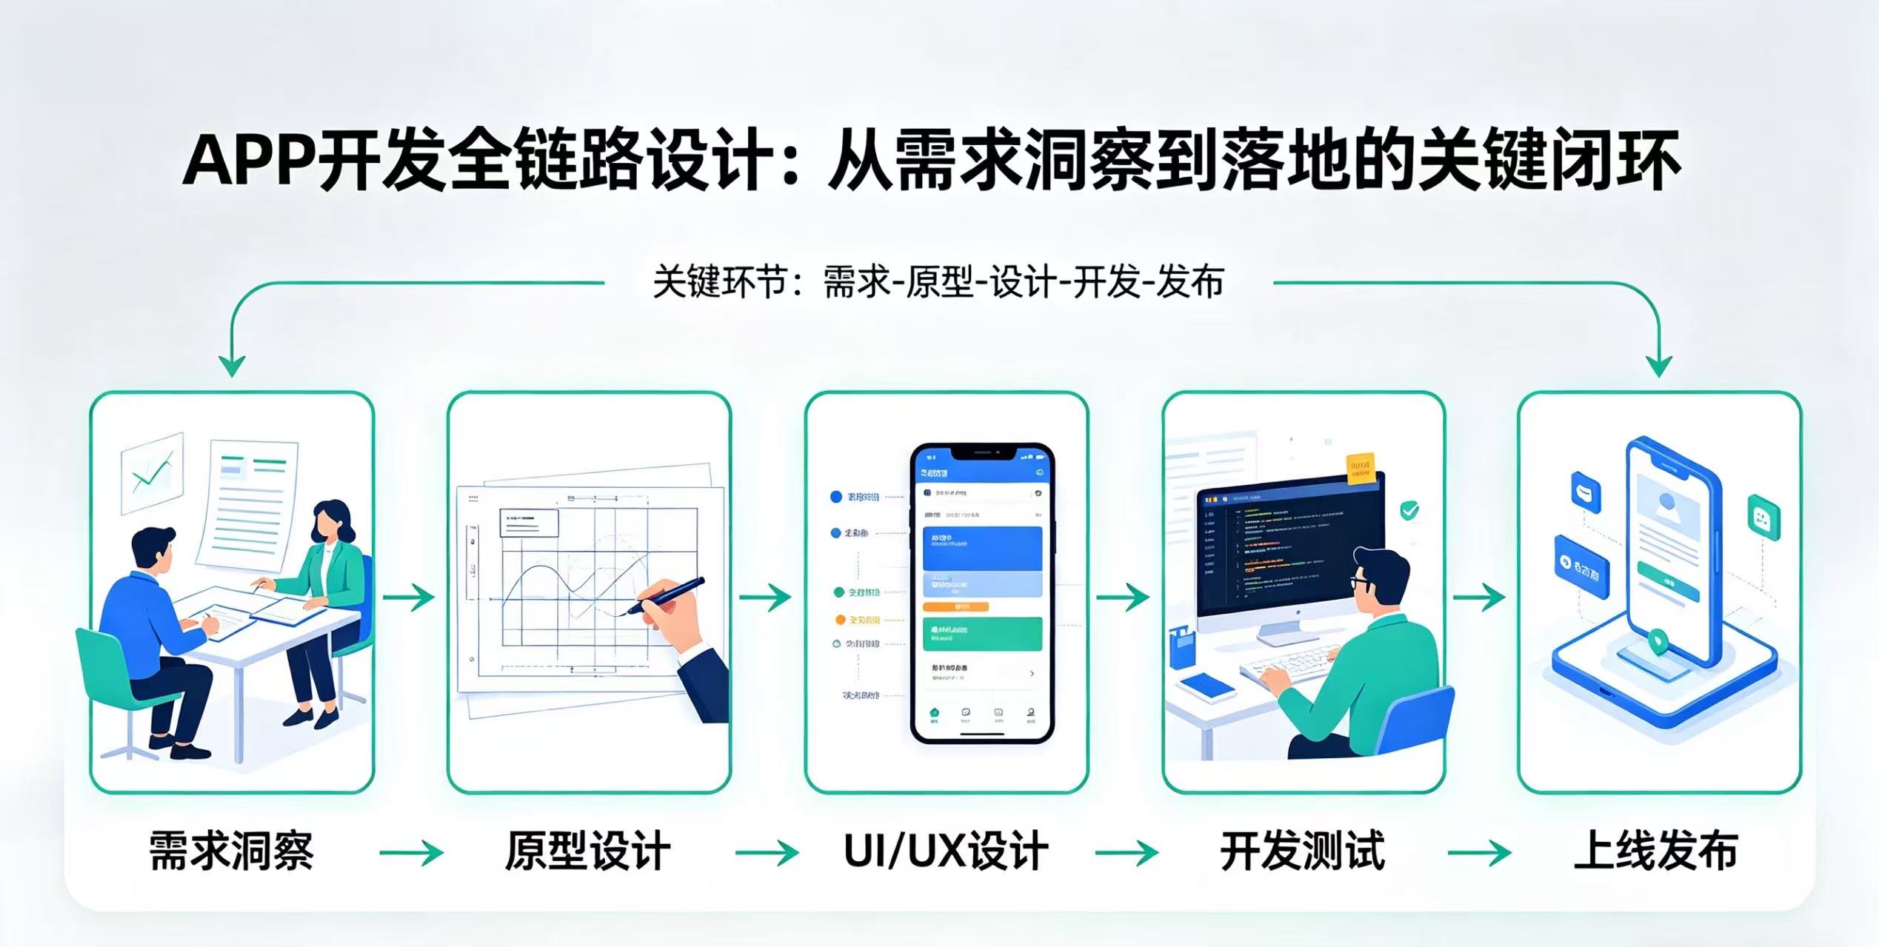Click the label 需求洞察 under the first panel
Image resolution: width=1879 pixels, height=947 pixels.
231,851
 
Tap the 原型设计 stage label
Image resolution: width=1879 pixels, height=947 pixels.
588,851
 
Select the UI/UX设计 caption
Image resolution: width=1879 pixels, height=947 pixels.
946,851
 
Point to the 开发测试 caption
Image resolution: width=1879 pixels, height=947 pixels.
1302,851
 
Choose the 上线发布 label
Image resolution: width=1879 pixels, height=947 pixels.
1656,851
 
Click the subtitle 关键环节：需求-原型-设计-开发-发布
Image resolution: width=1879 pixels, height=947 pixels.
938,282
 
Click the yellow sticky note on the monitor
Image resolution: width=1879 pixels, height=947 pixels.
1361,469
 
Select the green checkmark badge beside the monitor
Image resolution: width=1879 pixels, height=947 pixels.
1409,510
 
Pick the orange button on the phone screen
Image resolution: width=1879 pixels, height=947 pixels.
955,606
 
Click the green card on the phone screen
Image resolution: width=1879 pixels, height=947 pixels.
982,634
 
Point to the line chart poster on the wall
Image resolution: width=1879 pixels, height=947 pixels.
153,472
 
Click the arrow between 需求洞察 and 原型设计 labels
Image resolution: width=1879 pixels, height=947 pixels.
411,853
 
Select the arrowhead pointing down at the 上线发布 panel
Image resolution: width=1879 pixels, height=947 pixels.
1659,364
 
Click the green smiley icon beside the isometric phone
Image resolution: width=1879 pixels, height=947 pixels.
1763,516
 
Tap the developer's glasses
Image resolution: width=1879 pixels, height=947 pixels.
1361,582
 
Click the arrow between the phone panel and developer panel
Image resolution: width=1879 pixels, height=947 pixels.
1123,597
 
